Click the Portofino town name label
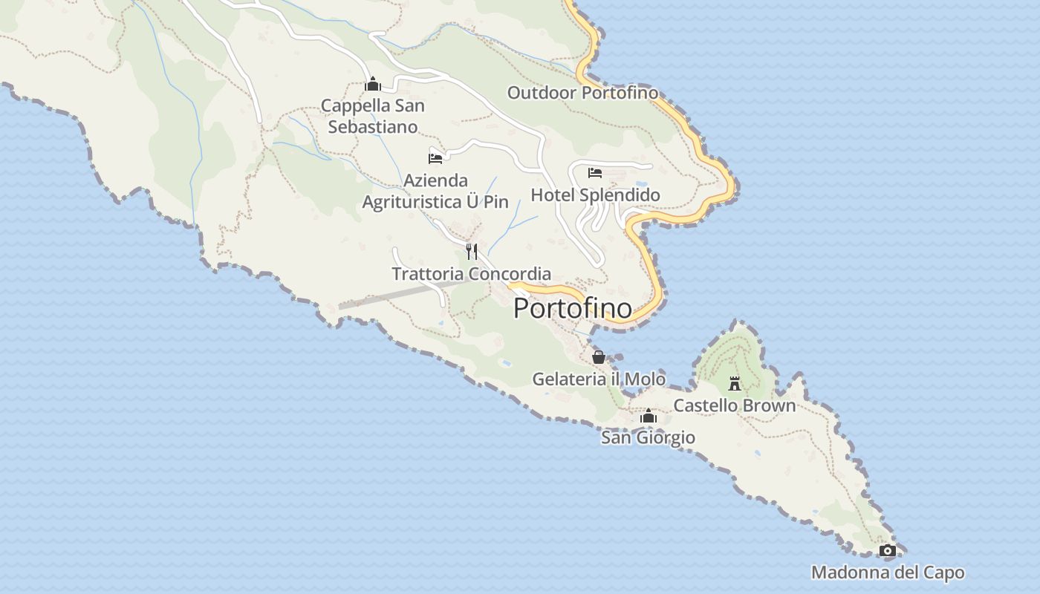[573, 308]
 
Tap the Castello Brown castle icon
[735, 383]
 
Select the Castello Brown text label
[734, 405]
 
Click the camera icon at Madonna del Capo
[887, 550]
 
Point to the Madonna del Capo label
[888, 572]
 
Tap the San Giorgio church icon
[649, 416]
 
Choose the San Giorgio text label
[648, 437]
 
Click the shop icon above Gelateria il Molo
[599, 357]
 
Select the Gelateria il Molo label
[599, 379]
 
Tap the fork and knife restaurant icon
[471, 251]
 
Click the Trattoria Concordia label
[471, 274]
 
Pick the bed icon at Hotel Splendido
[595, 173]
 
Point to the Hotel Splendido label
[595, 195]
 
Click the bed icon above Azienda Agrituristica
[435, 158]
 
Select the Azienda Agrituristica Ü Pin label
[435, 191]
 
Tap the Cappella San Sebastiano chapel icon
[373, 84]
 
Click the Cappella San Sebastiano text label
[373, 116]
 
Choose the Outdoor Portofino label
[582, 93]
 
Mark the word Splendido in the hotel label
[620, 195]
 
